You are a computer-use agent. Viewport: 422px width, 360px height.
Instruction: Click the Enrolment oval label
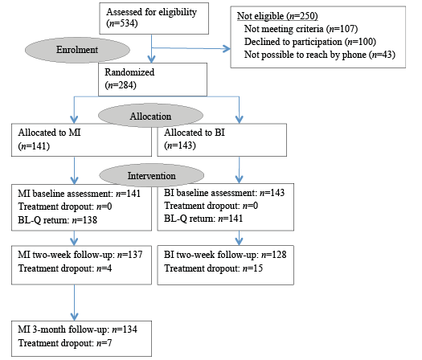77,50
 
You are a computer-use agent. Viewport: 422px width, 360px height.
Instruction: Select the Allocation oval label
150,116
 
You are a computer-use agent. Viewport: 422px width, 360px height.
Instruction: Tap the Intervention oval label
152,175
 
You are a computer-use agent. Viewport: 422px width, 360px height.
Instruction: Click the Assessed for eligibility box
154,18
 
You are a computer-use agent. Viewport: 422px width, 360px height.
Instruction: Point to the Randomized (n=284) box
153,80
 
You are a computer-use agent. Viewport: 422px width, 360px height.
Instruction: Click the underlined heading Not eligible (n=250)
277,16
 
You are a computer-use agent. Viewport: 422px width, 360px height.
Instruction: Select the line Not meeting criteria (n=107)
301,29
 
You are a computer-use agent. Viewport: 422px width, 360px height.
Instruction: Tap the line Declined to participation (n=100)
310,42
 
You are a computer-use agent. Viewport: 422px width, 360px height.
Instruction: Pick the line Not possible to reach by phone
320,55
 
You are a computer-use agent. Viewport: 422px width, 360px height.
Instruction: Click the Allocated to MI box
81,140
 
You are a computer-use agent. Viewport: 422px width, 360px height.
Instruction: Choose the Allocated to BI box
222,140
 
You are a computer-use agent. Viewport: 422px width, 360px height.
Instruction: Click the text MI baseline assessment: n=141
79,194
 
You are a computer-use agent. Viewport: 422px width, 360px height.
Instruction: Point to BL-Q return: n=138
57,220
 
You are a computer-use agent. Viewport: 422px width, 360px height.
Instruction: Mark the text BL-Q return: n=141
203,219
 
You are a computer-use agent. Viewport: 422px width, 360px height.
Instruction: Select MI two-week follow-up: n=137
80,255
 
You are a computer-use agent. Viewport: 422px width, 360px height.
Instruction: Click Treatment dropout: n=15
214,268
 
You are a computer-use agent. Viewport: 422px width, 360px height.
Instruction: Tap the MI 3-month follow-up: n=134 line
77,329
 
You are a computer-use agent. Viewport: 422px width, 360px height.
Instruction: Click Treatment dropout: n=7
65,343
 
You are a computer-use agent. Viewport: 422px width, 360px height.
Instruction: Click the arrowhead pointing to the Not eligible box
227,49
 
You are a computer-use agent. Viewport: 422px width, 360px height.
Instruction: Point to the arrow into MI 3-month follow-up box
74,303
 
